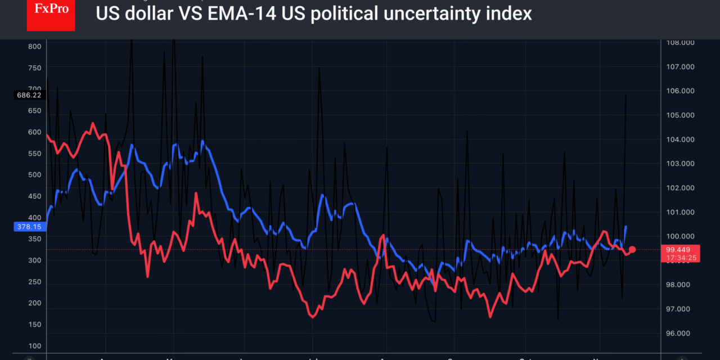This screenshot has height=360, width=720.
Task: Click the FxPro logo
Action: coord(51,15)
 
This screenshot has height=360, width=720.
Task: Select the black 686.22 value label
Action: coord(29,95)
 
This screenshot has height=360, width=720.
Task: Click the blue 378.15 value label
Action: coord(29,227)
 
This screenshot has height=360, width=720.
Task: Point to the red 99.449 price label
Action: coord(677,250)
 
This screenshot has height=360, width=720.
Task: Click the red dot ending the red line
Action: coord(632,249)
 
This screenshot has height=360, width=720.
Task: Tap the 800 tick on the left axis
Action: coord(34,46)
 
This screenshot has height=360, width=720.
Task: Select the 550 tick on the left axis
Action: coord(34,154)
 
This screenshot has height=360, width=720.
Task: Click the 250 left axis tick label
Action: coord(34,282)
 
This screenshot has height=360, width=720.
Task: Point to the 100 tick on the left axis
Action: coord(34,346)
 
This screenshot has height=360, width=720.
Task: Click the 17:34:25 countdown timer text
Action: coord(681,258)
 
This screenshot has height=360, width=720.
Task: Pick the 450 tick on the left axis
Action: coord(34,196)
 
